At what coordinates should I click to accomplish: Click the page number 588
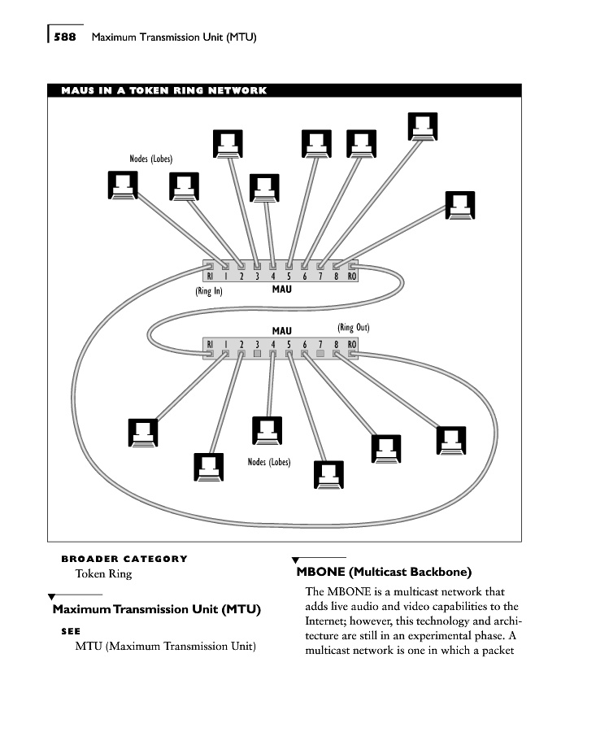[x=65, y=37]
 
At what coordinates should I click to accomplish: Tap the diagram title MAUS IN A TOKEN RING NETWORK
[x=163, y=90]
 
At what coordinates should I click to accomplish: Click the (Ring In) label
[x=209, y=290]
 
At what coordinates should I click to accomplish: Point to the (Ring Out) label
[x=353, y=327]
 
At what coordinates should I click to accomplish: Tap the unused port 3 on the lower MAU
[x=257, y=355]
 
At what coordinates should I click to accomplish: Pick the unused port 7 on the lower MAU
[x=320, y=355]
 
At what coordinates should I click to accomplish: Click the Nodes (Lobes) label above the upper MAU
[x=151, y=159]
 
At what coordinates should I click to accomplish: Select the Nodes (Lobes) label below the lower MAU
[x=269, y=461]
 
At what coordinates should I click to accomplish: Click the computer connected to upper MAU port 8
[x=459, y=205]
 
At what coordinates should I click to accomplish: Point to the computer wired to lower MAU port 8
[x=450, y=440]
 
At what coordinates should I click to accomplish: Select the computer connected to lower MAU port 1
[x=143, y=432]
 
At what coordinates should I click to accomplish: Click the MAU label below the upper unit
[x=281, y=289]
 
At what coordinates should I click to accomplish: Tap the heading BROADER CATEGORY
[x=124, y=559]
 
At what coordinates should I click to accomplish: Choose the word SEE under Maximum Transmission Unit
[x=71, y=630]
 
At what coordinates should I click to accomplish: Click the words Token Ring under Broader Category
[x=103, y=573]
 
